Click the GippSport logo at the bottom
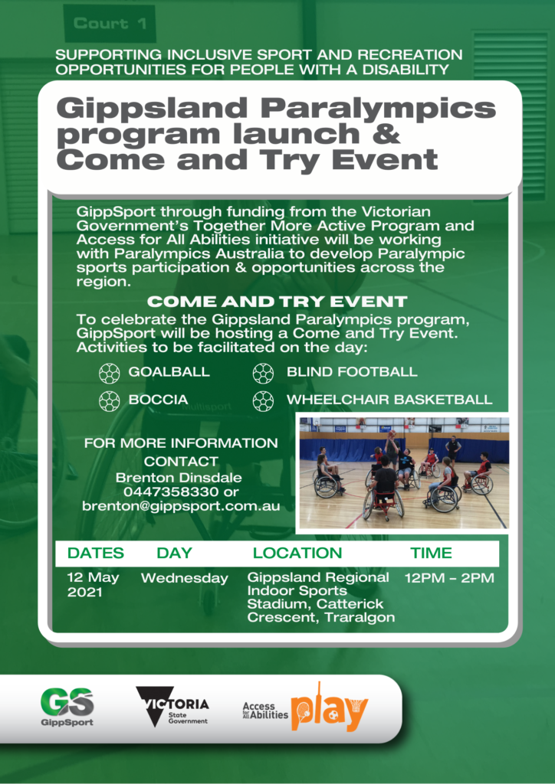point(67,707)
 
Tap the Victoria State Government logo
point(172,707)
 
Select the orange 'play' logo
point(330,707)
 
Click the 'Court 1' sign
point(110,24)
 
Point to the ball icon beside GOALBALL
point(109,373)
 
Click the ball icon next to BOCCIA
point(109,400)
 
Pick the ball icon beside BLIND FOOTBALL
point(263,373)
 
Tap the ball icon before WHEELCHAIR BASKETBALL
point(263,400)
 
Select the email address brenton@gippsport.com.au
point(181,507)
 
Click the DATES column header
point(96,553)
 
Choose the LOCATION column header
point(297,553)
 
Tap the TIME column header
point(431,553)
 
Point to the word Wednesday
point(184,579)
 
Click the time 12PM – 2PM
point(449,579)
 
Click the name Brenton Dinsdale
point(179,478)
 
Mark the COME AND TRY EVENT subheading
point(277,302)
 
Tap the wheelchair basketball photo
point(404,473)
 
